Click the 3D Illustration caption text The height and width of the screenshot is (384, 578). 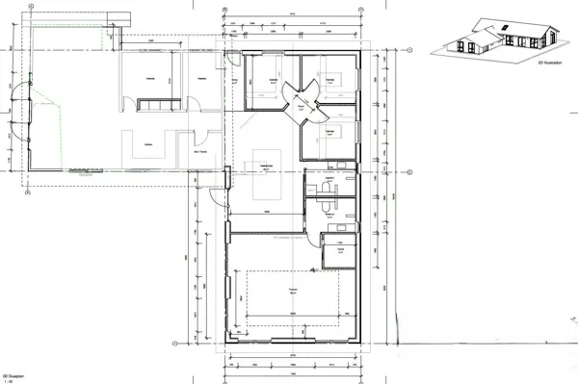[551, 63]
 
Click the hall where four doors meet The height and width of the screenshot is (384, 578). [299, 101]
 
